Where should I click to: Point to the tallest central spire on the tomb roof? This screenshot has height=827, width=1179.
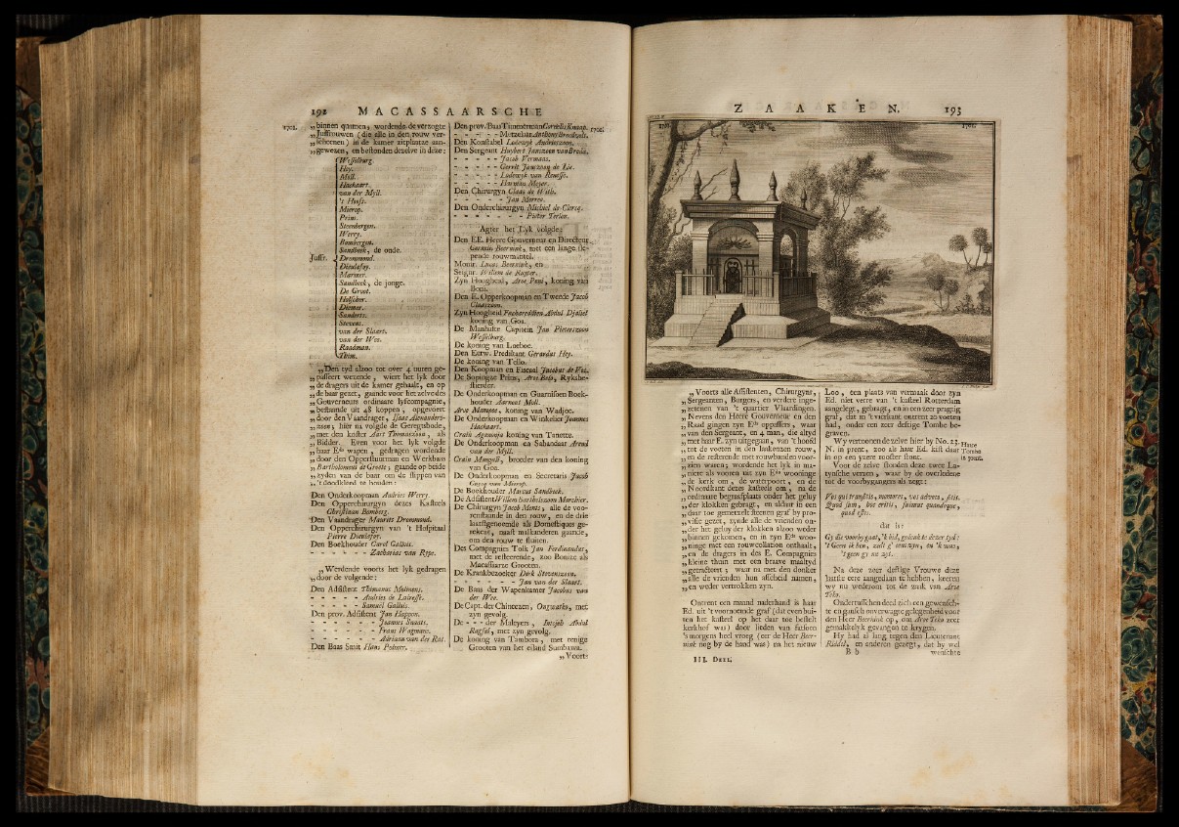pos(734,179)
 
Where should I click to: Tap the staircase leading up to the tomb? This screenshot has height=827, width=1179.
pos(716,321)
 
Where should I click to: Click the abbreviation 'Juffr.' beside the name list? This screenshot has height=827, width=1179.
pos(317,258)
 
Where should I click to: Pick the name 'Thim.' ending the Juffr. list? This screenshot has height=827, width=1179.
pos(347,355)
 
